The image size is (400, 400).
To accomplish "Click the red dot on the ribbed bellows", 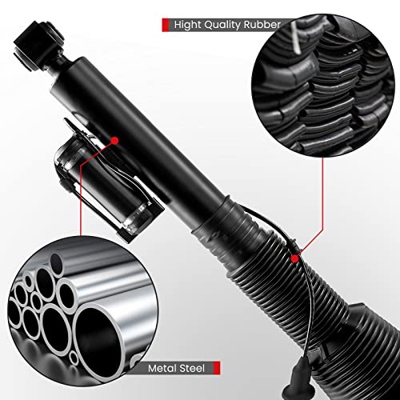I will pos(296,258).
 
